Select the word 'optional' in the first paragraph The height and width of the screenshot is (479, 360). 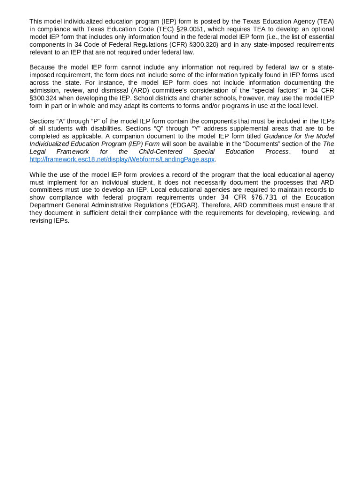[x=322, y=29]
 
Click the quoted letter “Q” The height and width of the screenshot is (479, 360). [x=165, y=129]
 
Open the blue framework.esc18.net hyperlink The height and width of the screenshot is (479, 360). [x=122, y=159]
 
